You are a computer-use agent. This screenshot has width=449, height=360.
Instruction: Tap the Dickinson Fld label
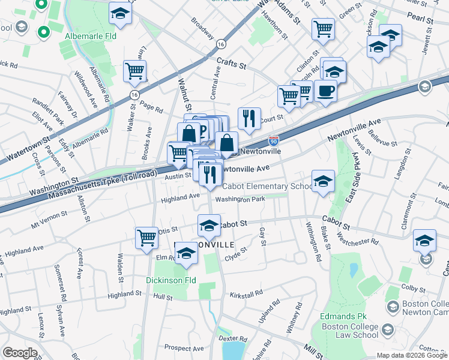[171, 280]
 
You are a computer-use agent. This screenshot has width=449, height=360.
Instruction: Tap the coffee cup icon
[325, 91]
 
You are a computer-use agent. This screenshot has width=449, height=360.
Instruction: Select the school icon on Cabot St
[209, 226]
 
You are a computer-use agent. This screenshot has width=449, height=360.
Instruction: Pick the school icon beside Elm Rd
[186, 256]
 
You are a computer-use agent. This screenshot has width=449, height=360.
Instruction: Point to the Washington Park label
[240, 199]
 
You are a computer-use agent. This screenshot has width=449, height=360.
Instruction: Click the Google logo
[20, 353]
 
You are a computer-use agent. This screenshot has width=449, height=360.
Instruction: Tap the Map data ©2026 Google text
[412, 355]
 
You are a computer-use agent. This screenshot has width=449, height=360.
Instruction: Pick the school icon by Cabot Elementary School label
[323, 182]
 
